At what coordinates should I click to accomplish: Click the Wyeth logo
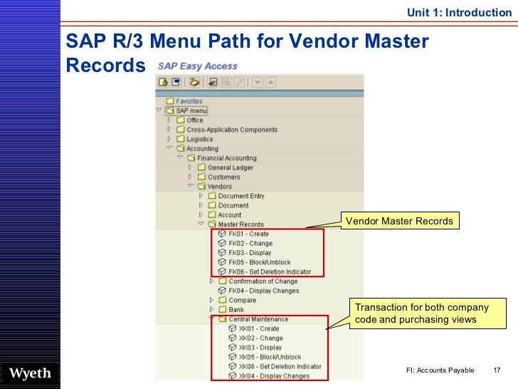point(29,374)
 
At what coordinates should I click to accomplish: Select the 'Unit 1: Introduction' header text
point(459,12)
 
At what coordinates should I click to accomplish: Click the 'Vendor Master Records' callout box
point(399,221)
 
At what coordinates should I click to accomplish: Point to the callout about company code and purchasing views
point(422,314)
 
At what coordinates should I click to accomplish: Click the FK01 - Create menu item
point(248,234)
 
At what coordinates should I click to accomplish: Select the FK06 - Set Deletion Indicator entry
point(270,271)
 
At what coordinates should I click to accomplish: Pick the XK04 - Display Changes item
point(274,375)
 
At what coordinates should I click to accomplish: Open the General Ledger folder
point(230,167)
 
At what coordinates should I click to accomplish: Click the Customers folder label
point(223,177)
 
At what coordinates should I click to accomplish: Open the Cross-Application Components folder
point(232,130)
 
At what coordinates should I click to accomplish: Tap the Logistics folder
point(199,140)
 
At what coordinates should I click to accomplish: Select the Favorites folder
point(189,101)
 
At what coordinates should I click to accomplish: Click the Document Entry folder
point(240,196)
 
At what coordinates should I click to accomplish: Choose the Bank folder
point(236,309)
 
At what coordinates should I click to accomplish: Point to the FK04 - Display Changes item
point(263,291)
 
